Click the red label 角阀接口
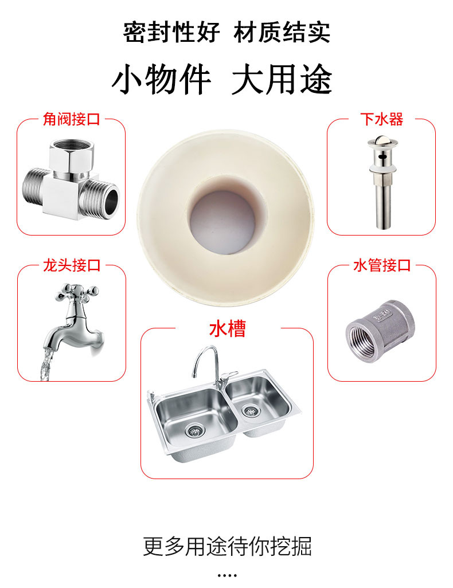tap(72, 119)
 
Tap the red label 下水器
tap(381, 119)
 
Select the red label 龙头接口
tap(72, 265)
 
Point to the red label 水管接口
tap(382, 265)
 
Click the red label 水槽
tap(227, 329)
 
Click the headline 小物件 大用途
tap(222, 80)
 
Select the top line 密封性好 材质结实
tap(226, 32)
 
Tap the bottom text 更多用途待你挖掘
tap(227, 546)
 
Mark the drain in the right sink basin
tap(251, 410)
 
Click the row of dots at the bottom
tap(227, 575)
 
